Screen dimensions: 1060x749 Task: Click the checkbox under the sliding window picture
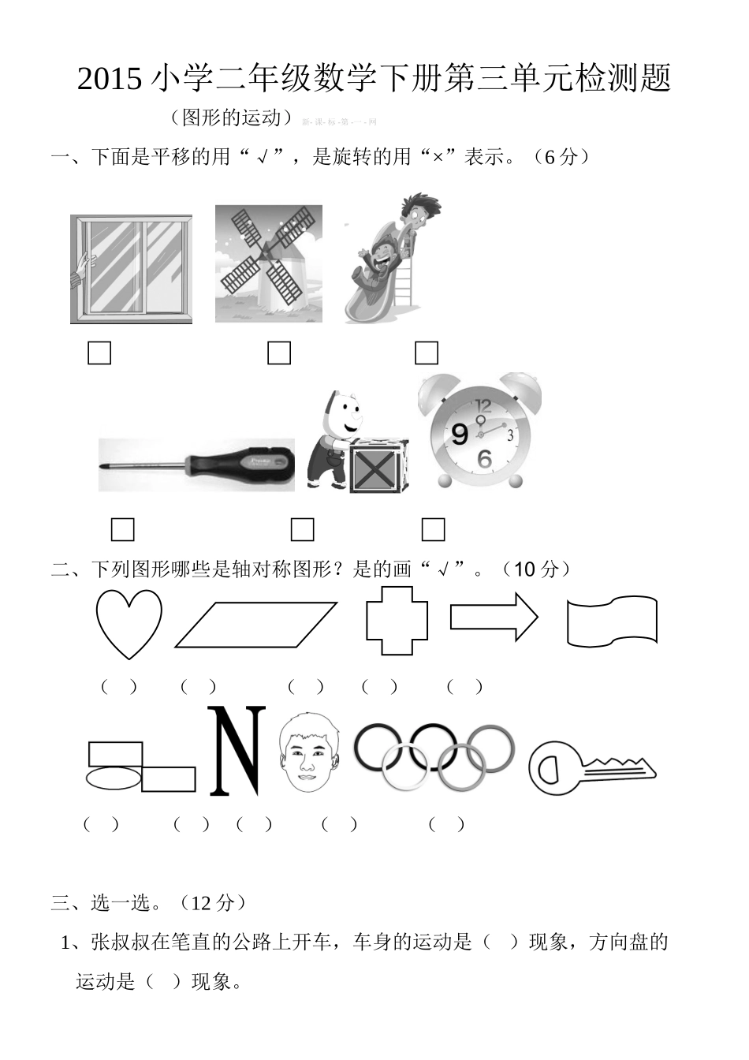(x=99, y=353)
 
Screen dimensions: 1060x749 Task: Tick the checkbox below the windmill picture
(x=279, y=353)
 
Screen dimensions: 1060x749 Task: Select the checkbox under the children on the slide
(x=427, y=353)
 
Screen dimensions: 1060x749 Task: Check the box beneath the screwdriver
(x=122, y=529)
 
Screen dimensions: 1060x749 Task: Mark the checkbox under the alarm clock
(x=433, y=529)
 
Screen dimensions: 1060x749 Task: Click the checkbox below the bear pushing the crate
(x=302, y=529)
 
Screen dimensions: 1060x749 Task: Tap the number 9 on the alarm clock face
(x=460, y=434)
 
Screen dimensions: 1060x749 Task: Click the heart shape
(x=129, y=622)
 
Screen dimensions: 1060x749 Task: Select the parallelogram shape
(x=255, y=625)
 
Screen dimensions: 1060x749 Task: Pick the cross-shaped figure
(x=397, y=621)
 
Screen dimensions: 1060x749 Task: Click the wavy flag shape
(x=612, y=621)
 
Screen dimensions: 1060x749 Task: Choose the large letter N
(x=236, y=751)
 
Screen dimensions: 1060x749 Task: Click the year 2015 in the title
(x=110, y=80)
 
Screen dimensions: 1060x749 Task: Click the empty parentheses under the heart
(x=119, y=686)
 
